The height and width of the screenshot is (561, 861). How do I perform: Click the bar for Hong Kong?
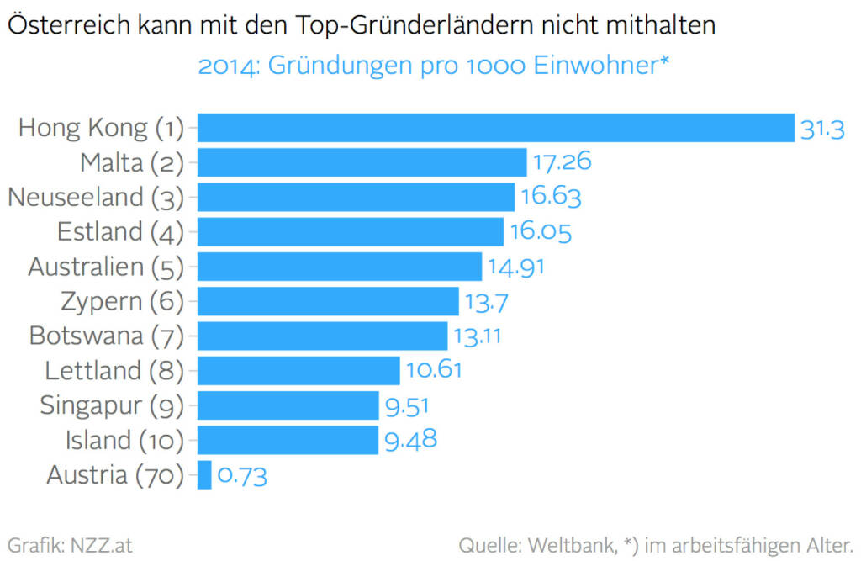[496, 128]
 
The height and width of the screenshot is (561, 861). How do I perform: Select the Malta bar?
[362, 162]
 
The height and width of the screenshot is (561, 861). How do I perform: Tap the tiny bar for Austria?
[204, 475]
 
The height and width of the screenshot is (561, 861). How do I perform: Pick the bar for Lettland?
[298, 370]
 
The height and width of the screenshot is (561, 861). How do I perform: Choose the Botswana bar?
[322, 336]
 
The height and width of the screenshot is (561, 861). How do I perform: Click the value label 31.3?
[821, 130]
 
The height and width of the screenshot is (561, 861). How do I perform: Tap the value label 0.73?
[242, 477]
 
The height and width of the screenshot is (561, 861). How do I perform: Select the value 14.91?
[516, 267]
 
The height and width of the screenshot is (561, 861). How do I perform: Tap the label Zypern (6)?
[122, 301]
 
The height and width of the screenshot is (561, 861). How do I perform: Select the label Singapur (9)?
[112, 405]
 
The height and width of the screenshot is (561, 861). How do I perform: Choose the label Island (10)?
[124, 440]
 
